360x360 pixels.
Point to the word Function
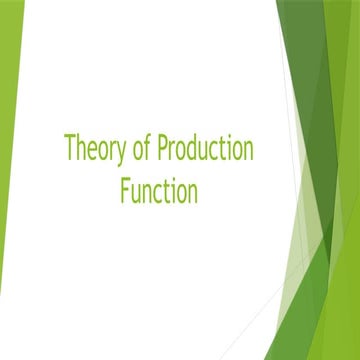[x=158, y=190]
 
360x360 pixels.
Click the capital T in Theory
[x=70, y=150]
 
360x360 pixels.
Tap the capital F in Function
[x=124, y=190]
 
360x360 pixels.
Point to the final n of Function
[x=191, y=192]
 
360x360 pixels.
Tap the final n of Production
[x=248, y=152]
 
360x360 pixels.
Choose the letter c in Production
[x=217, y=152]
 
